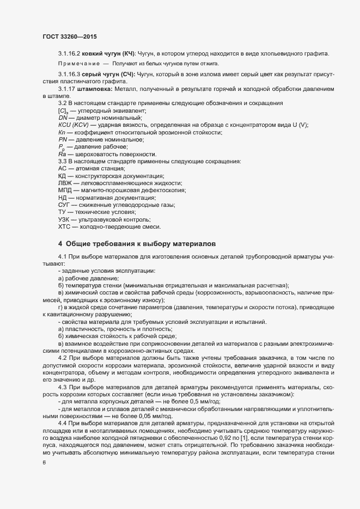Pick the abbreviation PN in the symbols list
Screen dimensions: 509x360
click(62, 139)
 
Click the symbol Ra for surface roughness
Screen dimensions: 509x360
click(62, 154)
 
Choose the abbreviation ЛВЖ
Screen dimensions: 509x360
click(65, 183)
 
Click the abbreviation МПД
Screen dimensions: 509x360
click(65, 191)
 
